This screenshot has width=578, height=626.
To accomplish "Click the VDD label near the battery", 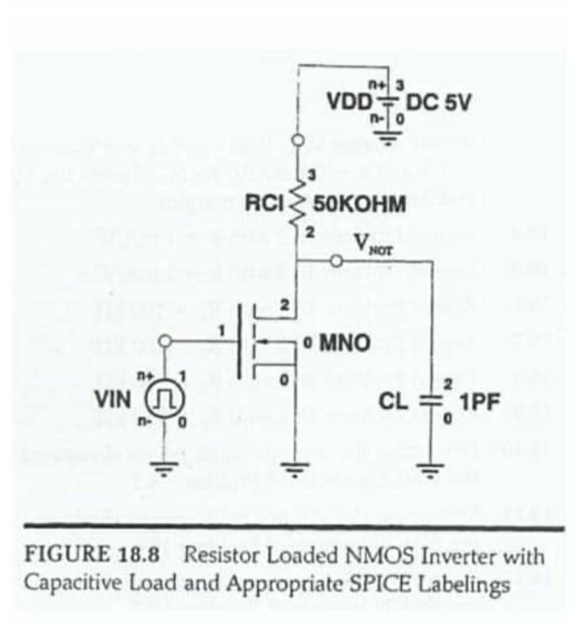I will click(x=348, y=101).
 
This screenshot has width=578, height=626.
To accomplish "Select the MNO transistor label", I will click(x=344, y=342).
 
